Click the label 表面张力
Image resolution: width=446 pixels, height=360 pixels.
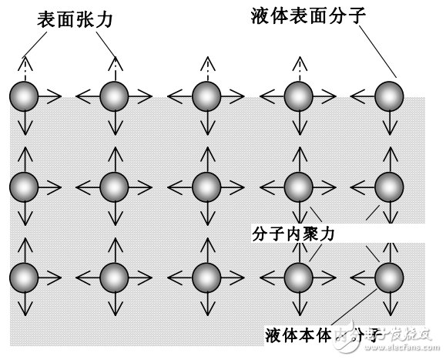click(x=75, y=19)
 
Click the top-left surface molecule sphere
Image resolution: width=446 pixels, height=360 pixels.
click(x=23, y=96)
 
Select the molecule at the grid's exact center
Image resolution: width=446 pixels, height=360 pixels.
click(x=206, y=187)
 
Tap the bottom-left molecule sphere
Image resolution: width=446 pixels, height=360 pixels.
click(x=23, y=276)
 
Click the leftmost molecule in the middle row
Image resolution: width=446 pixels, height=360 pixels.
click(x=23, y=187)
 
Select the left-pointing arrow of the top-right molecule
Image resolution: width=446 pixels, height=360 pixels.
click(x=362, y=96)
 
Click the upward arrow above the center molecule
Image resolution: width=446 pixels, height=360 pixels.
click(x=206, y=159)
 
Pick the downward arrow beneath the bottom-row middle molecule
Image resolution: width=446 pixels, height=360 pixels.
click(x=206, y=304)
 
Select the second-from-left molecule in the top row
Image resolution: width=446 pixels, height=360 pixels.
click(x=114, y=96)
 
